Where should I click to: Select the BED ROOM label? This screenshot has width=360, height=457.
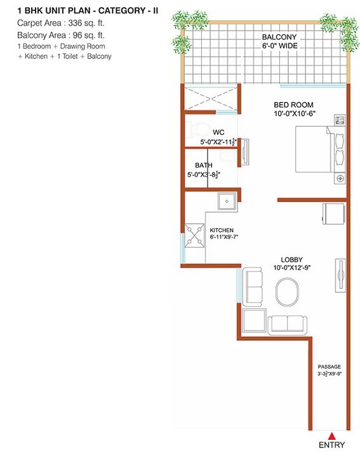point(293,105)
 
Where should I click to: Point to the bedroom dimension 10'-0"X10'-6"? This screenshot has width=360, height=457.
point(294,114)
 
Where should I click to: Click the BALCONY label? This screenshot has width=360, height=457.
point(276,36)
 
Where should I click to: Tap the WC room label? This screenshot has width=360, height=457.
point(201,132)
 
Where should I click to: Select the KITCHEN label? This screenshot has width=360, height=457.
point(222,229)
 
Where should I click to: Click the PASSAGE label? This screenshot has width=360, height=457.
point(330,367)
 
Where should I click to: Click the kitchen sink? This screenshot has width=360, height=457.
point(226,202)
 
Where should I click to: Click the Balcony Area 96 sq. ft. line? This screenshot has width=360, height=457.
point(51,35)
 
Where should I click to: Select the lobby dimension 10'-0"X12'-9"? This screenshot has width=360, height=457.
point(293,268)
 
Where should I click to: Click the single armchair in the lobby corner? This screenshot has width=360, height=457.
point(254,321)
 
